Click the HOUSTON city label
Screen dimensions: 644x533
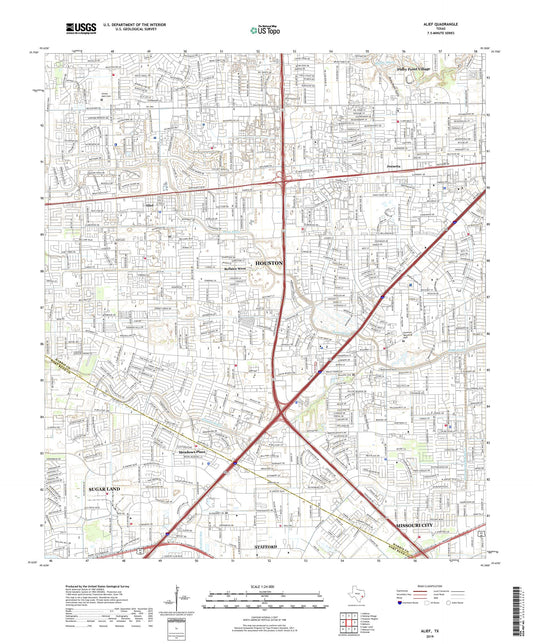(270, 261)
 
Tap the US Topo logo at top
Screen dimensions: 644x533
(265, 30)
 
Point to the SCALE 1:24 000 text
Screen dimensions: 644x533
(266, 587)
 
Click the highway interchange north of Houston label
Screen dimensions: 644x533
(283, 181)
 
